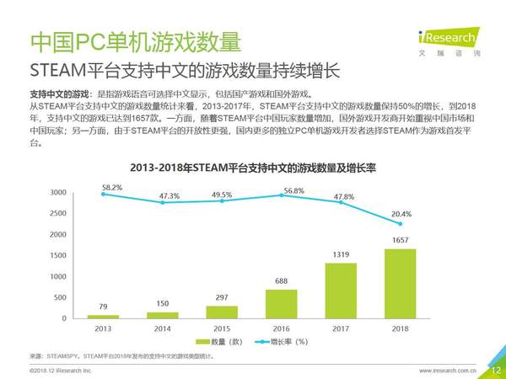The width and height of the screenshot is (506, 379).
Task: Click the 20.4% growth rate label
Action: [402, 214]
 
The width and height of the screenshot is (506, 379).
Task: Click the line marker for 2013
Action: [103, 194]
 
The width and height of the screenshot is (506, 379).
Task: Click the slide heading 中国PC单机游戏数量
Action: [135, 40]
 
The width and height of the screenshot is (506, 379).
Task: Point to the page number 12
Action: [495, 370]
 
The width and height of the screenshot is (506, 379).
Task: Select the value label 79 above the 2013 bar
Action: [103, 307]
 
